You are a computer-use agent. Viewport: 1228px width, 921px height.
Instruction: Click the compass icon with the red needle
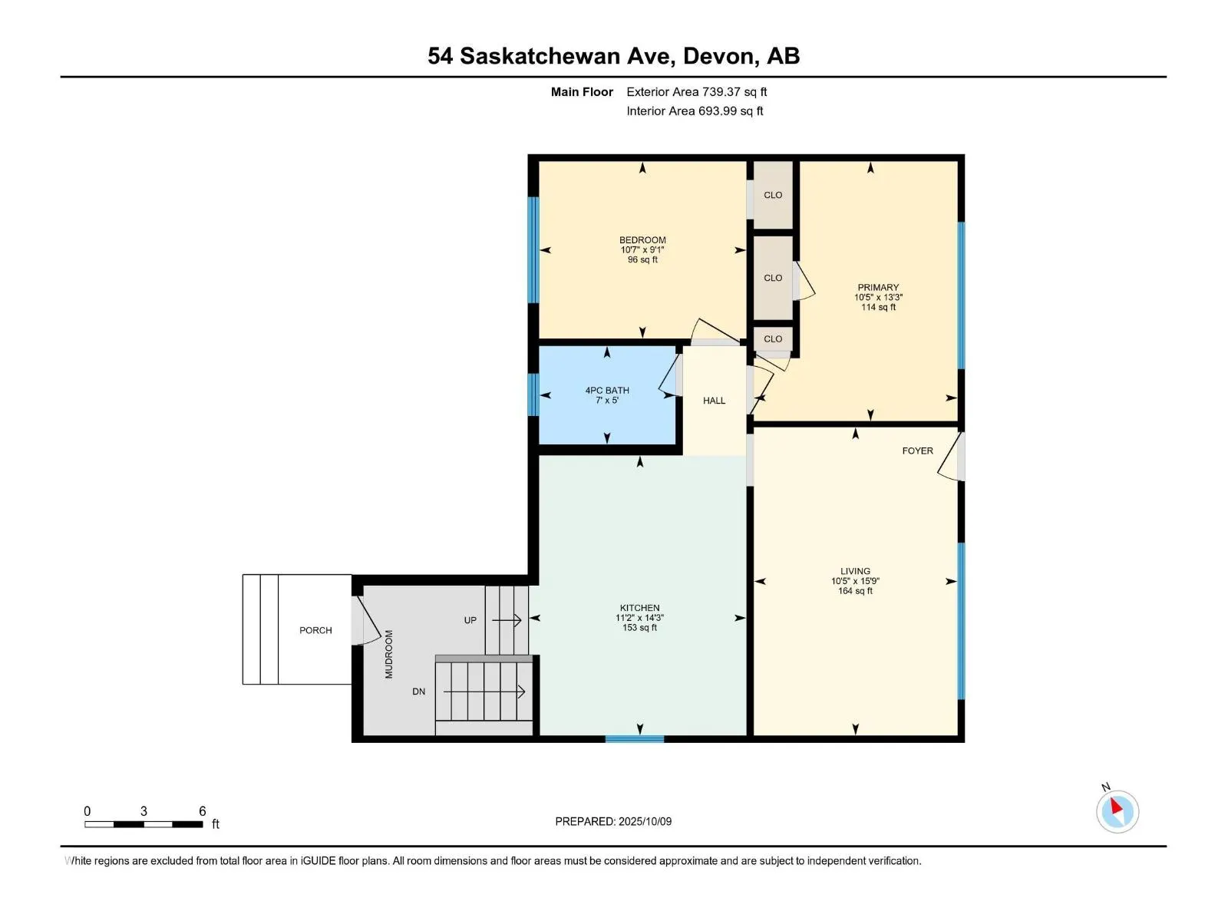(x=1117, y=811)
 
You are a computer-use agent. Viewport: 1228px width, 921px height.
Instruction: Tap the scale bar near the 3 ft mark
(x=144, y=824)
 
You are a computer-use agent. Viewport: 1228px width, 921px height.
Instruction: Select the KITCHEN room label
(x=639, y=608)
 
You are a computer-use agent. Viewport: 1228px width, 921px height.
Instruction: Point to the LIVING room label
(x=855, y=571)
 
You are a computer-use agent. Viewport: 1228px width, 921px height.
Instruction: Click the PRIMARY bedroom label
(x=878, y=287)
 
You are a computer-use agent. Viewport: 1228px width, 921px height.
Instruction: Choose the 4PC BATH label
(x=607, y=391)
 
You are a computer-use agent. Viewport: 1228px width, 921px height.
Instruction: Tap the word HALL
(x=714, y=401)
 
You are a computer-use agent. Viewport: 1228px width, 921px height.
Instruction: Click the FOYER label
(x=917, y=451)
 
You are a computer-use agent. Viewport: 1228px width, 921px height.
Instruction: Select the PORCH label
(x=315, y=630)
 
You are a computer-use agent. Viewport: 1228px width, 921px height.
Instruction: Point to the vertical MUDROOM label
(x=389, y=654)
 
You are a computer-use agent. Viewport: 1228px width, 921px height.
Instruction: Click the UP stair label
(x=470, y=620)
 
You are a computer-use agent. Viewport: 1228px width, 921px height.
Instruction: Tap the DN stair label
(x=418, y=692)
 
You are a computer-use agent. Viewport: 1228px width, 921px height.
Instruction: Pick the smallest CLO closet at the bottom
(x=773, y=339)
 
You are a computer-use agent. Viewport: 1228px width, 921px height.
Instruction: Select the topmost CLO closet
(x=773, y=195)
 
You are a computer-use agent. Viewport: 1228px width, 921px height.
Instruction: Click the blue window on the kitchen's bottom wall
(x=635, y=739)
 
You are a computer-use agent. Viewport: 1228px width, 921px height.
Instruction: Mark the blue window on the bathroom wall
(x=533, y=394)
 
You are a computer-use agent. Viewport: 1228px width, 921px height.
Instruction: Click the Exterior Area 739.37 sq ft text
(x=697, y=91)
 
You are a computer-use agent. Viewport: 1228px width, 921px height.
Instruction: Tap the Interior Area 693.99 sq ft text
(x=695, y=111)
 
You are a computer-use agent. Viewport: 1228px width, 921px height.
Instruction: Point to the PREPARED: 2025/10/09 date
(x=613, y=821)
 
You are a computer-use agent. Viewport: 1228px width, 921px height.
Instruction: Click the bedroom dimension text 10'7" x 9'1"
(x=642, y=250)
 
